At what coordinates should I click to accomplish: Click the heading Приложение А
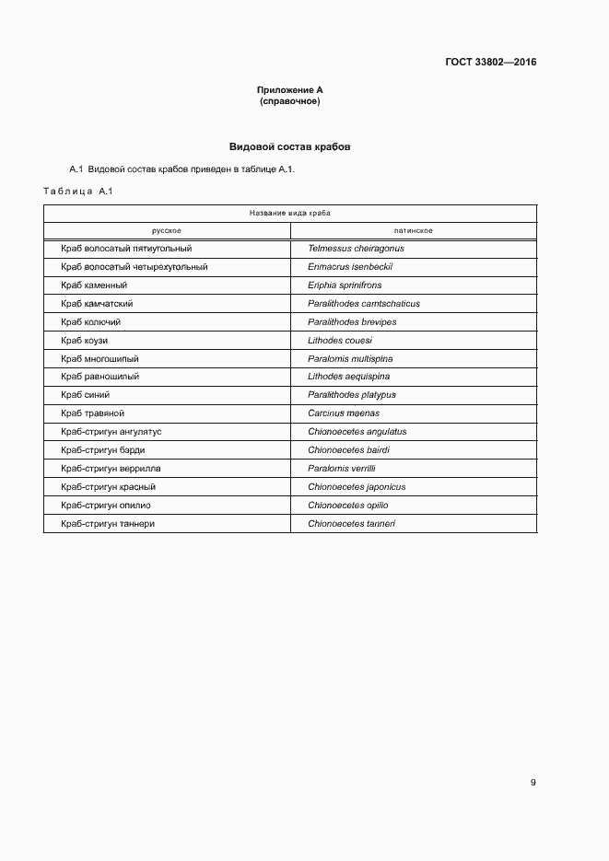(x=289, y=89)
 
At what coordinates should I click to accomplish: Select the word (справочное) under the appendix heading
(x=289, y=100)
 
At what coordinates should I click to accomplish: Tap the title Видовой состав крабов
(x=289, y=146)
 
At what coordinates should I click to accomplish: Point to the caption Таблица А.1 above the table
(x=77, y=191)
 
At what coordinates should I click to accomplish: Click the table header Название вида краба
(x=289, y=212)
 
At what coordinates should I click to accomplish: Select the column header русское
(x=166, y=230)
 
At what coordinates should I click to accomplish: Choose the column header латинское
(x=413, y=230)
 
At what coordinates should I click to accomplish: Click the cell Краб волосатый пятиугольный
(x=126, y=249)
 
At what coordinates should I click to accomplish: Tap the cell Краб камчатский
(x=98, y=304)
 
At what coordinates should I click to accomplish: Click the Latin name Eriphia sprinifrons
(x=345, y=285)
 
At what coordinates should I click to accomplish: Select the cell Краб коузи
(x=85, y=341)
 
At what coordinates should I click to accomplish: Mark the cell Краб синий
(x=86, y=395)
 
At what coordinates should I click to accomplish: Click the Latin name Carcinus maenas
(x=344, y=413)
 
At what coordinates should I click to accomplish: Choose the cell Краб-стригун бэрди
(x=102, y=450)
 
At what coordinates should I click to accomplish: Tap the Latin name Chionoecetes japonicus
(x=357, y=487)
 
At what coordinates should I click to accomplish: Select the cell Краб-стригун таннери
(x=108, y=524)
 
